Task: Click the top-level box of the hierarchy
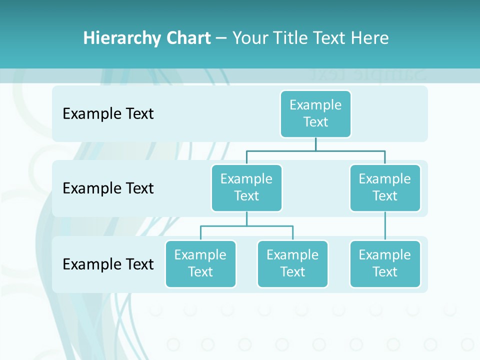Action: (315, 113)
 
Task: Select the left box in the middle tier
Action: (246, 187)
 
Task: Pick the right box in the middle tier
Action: (385, 187)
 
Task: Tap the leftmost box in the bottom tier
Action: (200, 263)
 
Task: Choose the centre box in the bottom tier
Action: (292, 263)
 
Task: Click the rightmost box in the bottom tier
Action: (385, 263)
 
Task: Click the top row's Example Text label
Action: (108, 113)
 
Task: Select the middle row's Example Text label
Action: (108, 188)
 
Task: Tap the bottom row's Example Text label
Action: (108, 264)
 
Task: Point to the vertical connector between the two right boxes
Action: (385, 226)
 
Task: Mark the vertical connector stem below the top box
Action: (315, 144)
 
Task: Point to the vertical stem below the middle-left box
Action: (246, 218)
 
